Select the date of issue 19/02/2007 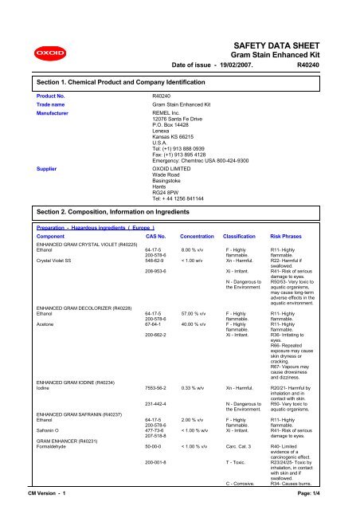click(207, 66)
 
